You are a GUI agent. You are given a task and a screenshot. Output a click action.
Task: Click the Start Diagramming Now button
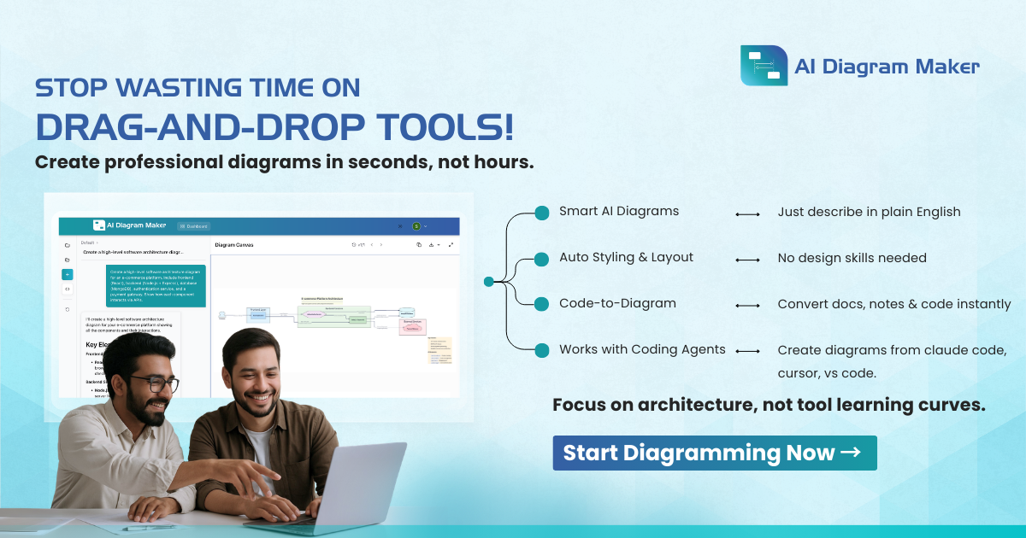pos(714,453)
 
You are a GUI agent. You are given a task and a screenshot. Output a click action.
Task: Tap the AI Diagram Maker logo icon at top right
pos(764,66)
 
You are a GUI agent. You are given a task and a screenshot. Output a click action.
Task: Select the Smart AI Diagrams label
pos(619,212)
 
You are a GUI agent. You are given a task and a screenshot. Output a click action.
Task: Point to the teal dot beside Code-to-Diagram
pos(541,304)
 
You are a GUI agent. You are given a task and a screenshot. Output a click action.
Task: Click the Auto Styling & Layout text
pos(626,258)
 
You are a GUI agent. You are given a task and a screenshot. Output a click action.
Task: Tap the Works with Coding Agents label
pos(642,349)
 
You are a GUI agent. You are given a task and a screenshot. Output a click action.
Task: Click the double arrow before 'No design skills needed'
pos(747,259)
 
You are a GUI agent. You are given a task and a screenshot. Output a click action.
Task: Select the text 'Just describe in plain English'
pos(869,212)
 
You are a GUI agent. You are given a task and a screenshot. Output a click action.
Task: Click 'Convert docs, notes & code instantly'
pos(893,304)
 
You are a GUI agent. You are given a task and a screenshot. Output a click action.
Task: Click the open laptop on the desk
pos(342,487)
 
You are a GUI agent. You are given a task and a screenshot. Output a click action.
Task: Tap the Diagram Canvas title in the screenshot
pos(234,245)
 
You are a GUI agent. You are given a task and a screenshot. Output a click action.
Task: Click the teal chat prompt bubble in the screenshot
pos(156,285)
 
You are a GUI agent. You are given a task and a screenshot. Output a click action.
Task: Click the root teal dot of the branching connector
pos(488,281)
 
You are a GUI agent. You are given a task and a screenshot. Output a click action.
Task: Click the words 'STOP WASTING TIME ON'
pos(197,89)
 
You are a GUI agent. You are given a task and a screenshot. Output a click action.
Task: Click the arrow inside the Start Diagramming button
pos(851,453)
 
